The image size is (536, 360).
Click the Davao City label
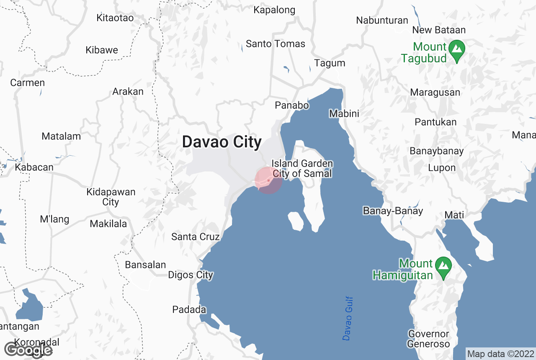pyautogui.click(x=222, y=142)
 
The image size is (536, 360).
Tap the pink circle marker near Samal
pyautogui.click(x=268, y=180)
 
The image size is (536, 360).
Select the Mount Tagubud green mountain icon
pyautogui.click(x=456, y=49)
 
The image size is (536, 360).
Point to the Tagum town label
pyautogui.click(x=330, y=63)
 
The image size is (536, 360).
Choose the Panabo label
pyautogui.click(x=292, y=105)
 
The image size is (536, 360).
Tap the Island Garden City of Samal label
pyautogui.click(x=302, y=168)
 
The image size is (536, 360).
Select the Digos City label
pyautogui.click(x=191, y=275)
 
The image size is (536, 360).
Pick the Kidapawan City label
pyautogui.click(x=111, y=197)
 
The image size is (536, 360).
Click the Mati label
pyautogui.click(x=454, y=215)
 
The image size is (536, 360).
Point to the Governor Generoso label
pyautogui.click(x=428, y=339)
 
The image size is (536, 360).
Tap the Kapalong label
pyautogui.click(x=274, y=10)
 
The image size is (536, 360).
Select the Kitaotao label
pyautogui.click(x=115, y=18)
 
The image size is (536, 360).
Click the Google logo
pyautogui.click(x=28, y=350)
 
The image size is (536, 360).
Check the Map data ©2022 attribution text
pyautogui.click(x=500, y=354)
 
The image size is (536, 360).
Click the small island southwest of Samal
pyautogui.click(x=296, y=221)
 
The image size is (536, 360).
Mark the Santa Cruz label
pyautogui.click(x=195, y=237)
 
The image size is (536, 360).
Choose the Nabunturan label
pyautogui.click(x=382, y=20)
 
